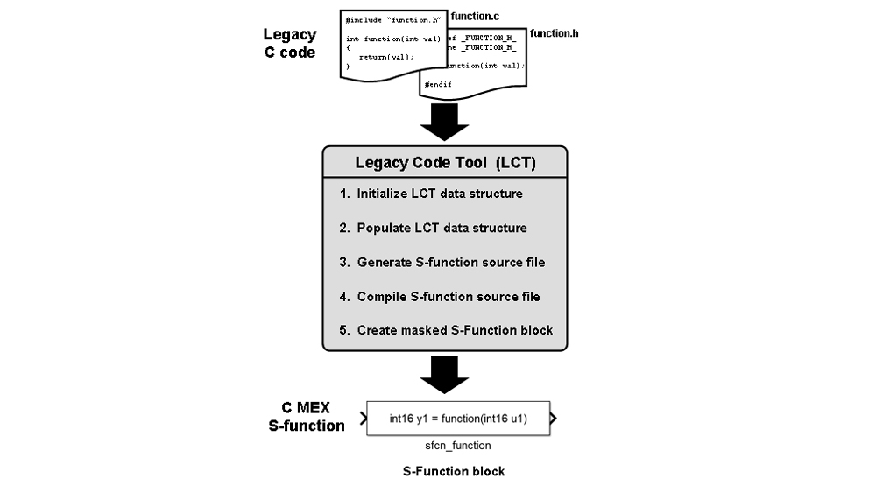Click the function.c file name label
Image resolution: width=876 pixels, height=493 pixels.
[x=475, y=16]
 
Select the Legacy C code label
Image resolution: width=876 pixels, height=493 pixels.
[x=289, y=44]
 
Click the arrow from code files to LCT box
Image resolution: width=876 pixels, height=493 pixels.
[x=444, y=122]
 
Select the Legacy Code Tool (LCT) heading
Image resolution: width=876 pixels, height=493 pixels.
[x=444, y=162]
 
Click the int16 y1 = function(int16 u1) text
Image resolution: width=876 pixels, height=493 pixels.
[x=458, y=419]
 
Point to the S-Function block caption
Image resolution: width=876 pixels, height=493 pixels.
[x=454, y=471]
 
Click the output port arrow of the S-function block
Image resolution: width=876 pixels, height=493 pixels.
[x=553, y=418]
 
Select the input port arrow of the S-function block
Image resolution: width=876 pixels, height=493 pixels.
[x=361, y=418]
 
